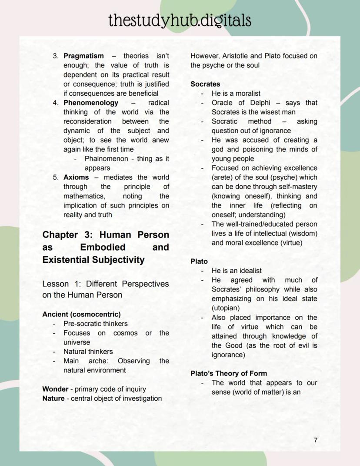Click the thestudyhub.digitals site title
180,20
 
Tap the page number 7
316,440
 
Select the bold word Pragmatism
83,56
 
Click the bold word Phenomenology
91,103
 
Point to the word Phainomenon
106,159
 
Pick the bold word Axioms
76,178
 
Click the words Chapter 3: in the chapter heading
67,235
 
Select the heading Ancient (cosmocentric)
81,314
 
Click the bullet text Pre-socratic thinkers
96,324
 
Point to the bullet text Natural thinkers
88,352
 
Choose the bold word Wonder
55,389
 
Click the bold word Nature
54,399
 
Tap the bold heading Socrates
205,84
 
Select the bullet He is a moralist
236,94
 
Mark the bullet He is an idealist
237,271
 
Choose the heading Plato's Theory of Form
229,373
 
